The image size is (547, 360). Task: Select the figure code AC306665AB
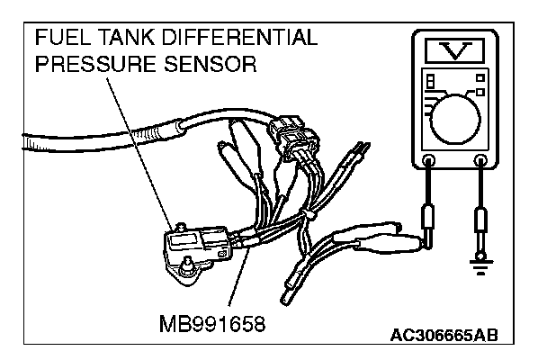[x=444, y=337]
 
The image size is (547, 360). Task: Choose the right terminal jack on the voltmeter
[x=481, y=163]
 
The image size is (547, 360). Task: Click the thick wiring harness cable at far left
[x=54, y=144]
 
